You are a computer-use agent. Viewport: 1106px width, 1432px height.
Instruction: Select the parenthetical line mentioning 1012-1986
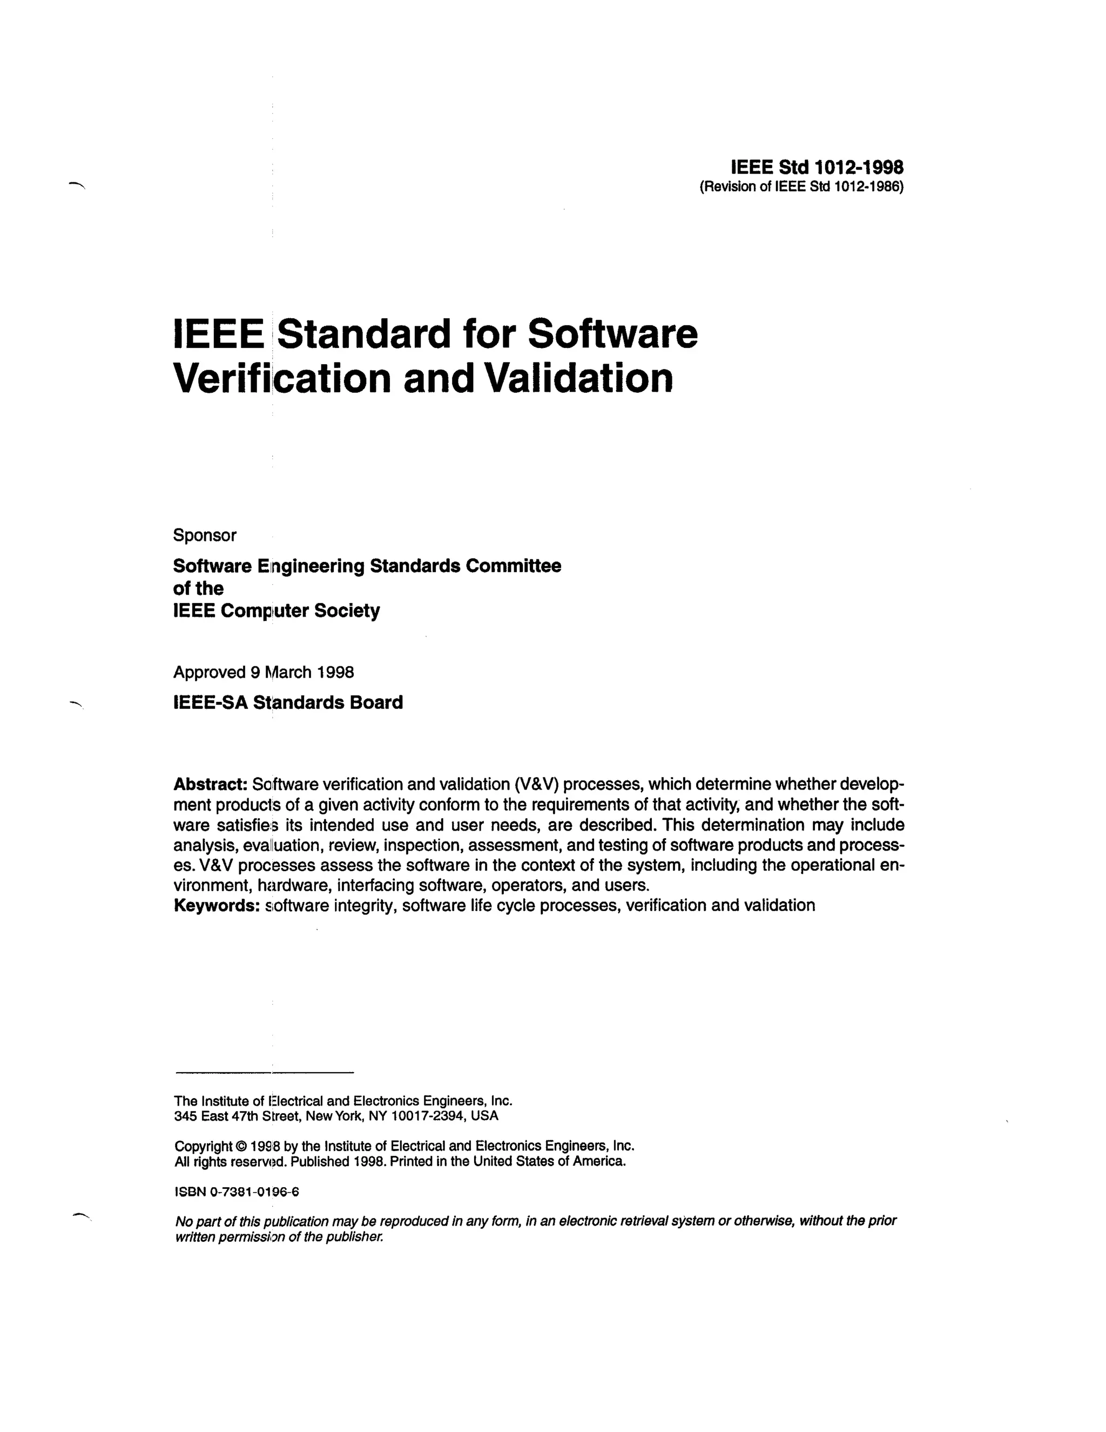pos(801,187)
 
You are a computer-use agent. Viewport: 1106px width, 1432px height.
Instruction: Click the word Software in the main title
pos(612,334)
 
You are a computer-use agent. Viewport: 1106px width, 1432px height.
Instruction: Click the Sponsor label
pos(205,535)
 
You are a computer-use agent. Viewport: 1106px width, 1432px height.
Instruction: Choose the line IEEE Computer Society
pos(276,611)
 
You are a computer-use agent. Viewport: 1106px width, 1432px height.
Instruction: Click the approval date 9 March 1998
pos(302,672)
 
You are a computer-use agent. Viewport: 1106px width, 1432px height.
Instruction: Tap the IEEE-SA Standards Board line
pos(288,702)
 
